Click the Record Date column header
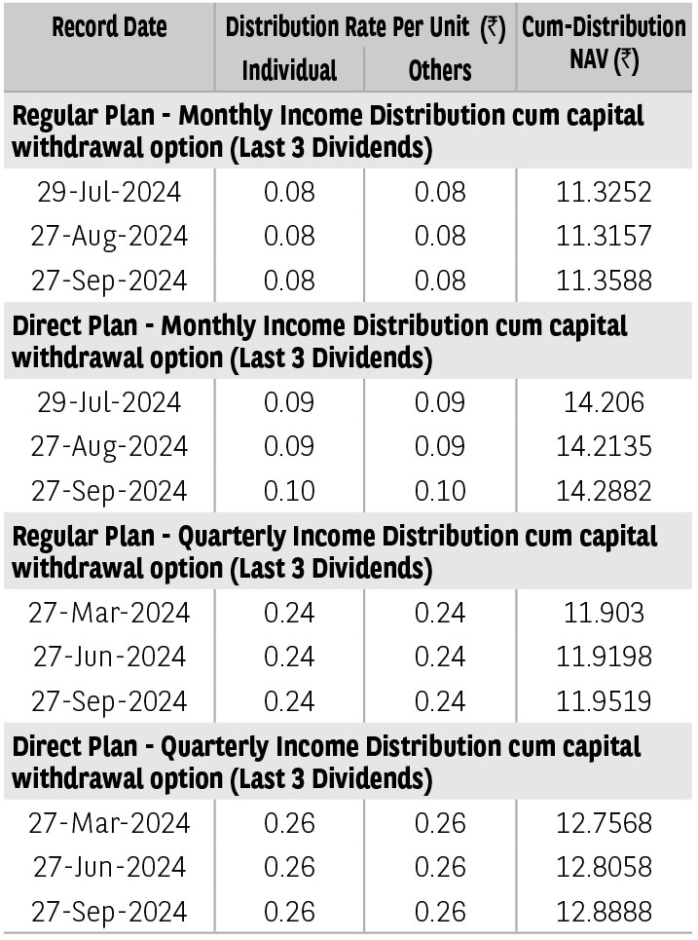(x=109, y=27)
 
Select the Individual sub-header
(x=289, y=70)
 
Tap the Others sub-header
(x=440, y=70)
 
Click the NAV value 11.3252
(x=604, y=192)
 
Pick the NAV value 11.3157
(x=604, y=236)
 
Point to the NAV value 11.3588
(x=604, y=280)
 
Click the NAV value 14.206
(x=604, y=401)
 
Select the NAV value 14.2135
(x=604, y=446)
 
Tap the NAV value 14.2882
(x=604, y=490)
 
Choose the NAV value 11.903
(x=604, y=612)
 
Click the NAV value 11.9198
(x=604, y=657)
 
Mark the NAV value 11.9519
(x=604, y=700)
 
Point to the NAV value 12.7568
(x=604, y=822)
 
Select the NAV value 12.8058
(x=604, y=867)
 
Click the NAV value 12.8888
(x=604, y=911)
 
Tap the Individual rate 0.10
(x=289, y=490)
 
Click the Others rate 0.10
(x=440, y=490)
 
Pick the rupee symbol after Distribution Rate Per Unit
(x=493, y=28)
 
